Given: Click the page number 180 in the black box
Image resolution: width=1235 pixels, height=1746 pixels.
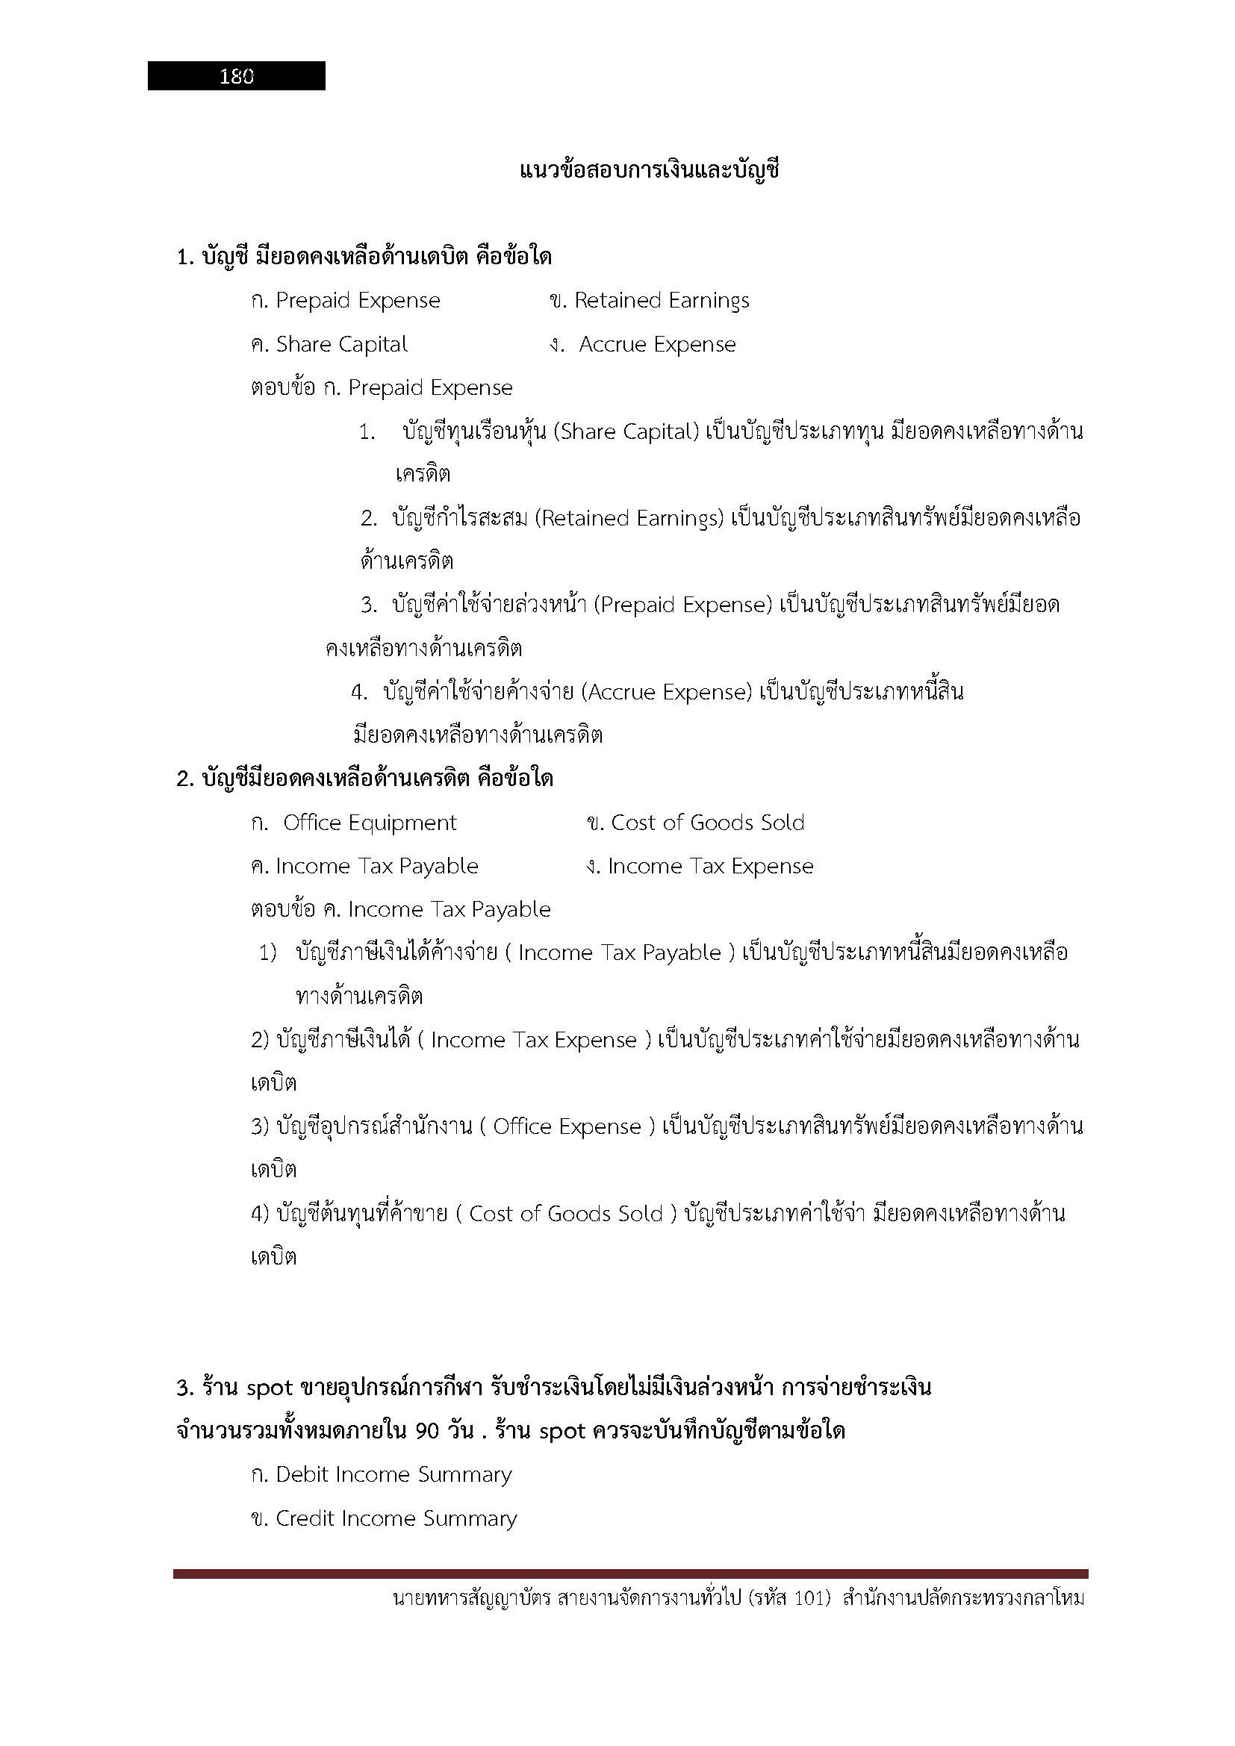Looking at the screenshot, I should click(x=237, y=76).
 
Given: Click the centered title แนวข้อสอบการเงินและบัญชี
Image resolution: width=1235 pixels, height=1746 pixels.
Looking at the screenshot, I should click(x=650, y=169).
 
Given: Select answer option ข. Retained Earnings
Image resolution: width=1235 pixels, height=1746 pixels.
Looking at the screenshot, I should click(x=649, y=301).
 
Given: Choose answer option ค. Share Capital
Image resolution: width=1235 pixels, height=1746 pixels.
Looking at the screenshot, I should click(x=329, y=344).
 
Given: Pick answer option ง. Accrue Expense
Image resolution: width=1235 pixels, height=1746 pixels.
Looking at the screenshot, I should click(x=643, y=344).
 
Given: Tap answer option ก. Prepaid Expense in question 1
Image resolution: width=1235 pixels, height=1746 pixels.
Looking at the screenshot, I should click(x=345, y=301).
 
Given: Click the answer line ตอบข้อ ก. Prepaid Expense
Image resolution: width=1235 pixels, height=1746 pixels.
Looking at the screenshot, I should click(x=382, y=389).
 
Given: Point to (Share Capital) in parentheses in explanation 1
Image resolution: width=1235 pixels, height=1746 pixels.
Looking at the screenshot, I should click(x=626, y=432).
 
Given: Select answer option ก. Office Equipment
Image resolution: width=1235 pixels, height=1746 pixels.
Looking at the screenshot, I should click(x=354, y=823).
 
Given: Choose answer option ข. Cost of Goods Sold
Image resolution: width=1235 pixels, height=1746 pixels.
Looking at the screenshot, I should click(x=696, y=823).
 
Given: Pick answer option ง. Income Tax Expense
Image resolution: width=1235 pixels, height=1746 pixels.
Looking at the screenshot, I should click(x=700, y=867).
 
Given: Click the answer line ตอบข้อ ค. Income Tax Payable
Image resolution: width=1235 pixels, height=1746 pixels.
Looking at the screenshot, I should click(x=401, y=910).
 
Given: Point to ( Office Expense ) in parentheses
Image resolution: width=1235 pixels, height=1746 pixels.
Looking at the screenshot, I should click(x=567, y=1127).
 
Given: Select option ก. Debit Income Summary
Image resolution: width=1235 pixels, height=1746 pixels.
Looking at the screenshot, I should click(x=381, y=1475).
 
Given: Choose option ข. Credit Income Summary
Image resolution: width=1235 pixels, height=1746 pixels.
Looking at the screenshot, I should click(x=384, y=1518).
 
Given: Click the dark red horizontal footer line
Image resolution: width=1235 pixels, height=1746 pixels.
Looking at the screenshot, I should click(x=630, y=1574).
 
